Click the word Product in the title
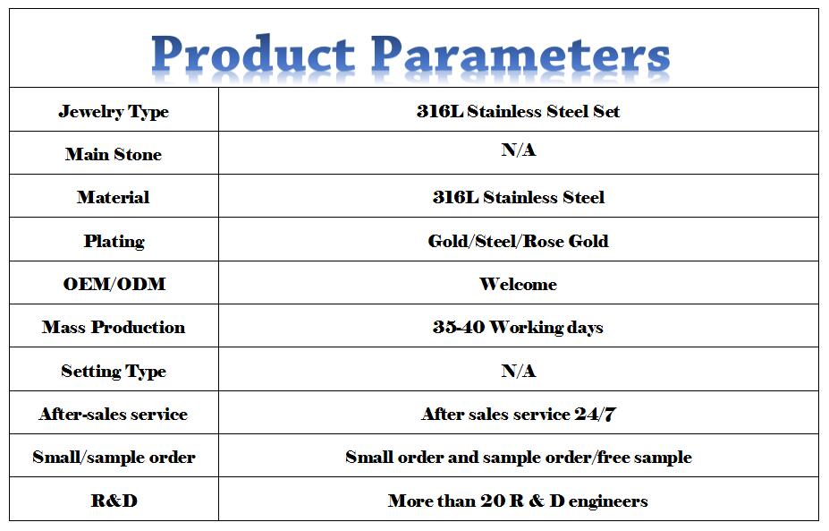(253, 54)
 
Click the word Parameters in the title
(520, 54)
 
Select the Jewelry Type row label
(114, 112)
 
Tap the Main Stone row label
(114, 154)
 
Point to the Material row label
(114, 197)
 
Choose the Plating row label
(114, 241)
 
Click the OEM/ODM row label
(114, 284)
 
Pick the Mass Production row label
(114, 327)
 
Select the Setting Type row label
(114, 371)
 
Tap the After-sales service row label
(114, 414)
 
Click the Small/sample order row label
(114, 457)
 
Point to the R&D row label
(114, 500)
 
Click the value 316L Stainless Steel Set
(518, 111)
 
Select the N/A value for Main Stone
(519, 150)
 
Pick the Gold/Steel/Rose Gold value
(518, 241)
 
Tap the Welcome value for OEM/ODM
(518, 284)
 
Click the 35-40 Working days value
(518, 327)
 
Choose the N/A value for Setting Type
(519, 371)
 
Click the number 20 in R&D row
(493, 501)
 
